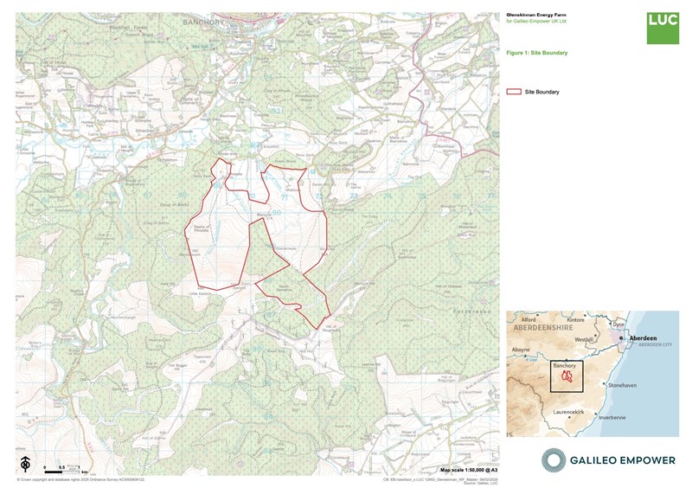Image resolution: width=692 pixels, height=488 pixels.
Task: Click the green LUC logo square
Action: (663, 29)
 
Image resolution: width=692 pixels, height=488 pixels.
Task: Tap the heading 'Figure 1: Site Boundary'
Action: (537, 53)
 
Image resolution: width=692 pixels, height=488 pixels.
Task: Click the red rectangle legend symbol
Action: (513, 91)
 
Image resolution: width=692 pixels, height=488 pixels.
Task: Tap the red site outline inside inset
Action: (567, 376)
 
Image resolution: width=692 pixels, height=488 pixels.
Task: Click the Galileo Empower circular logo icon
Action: (555, 460)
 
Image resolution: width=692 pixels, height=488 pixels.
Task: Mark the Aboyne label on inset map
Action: (521, 350)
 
